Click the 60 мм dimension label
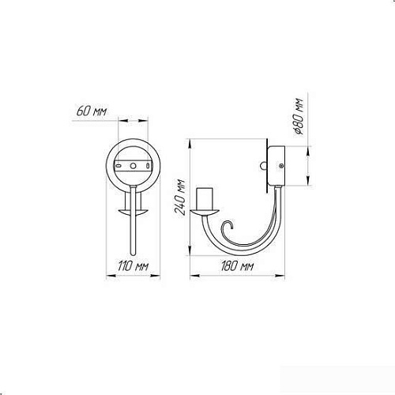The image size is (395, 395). [92, 111]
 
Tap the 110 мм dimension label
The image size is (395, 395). [133, 266]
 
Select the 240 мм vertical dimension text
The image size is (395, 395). [180, 197]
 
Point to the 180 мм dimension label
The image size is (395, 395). [237, 266]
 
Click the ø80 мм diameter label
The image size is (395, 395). [299, 116]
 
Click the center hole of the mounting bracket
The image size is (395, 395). [134, 166]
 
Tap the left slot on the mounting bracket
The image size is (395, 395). [118, 166]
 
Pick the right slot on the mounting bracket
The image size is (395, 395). [149, 166]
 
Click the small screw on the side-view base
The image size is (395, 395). [281, 166]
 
